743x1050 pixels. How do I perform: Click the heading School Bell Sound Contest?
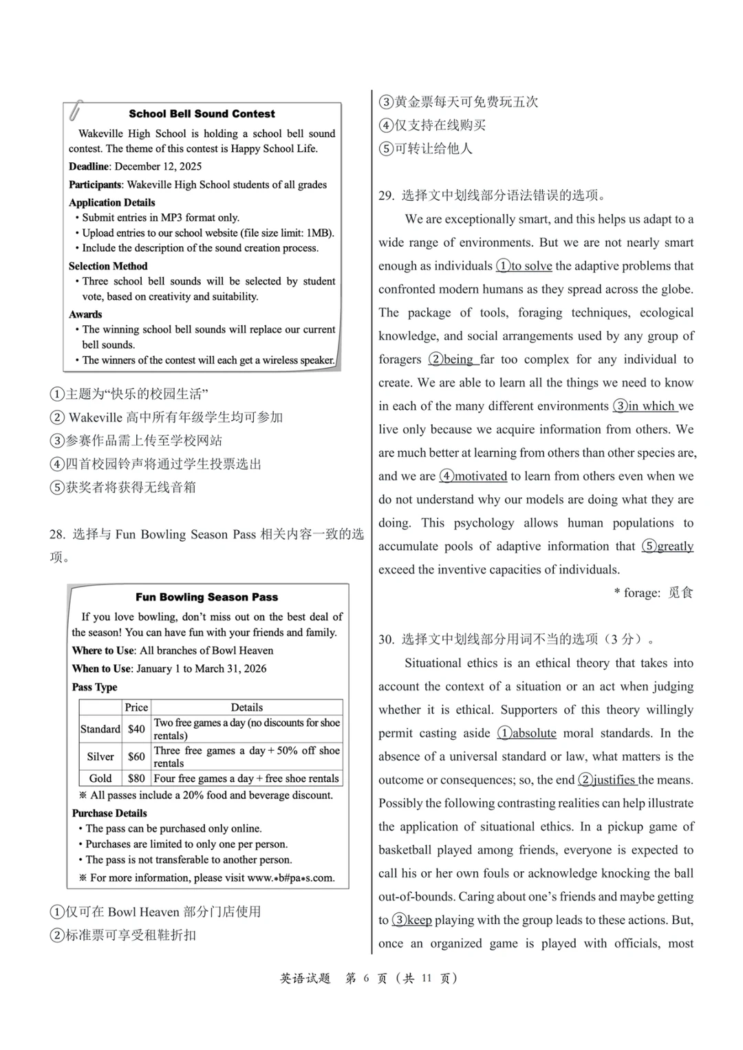pyautogui.click(x=202, y=114)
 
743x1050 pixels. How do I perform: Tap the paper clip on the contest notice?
pyautogui.click(x=75, y=110)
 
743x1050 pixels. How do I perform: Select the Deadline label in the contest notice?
pyautogui.click(x=89, y=166)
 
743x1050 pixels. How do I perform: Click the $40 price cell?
pyautogui.click(x=136, y=729)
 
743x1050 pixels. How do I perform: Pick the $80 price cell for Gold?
pyautogui.click(x=136, y=778)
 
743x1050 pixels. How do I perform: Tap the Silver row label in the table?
pyautogui.click(x=100, y=756)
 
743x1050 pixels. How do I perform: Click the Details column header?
pyautogui.click(x=246, y=707)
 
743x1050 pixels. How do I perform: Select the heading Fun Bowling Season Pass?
pyautogui.click(x=206, y=598)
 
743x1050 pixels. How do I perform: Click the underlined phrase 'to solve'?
pyautogui.click(x=531, y=266)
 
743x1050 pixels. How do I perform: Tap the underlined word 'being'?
pyautogui.click(x=458, y=360)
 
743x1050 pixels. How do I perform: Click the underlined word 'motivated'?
pyautogui.click(x=480, y=477)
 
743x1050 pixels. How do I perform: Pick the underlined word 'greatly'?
pyautogui.click(x=675, y=547)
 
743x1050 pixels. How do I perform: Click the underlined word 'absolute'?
pyautogui.click(x=534, y=734)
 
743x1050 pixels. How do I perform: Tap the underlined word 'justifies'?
pyautogui.click(x=614, y=780)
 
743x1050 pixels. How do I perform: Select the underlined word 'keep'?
pyautogui.click(x=419, y=921)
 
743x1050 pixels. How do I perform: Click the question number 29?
pyautogui.click(x=385, y=196)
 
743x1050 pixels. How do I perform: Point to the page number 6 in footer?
pyautogui.click(x=366, y=978)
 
